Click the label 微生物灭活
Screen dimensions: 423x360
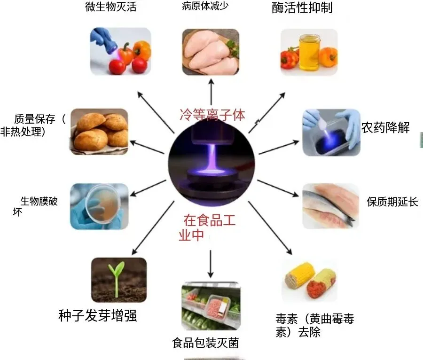tap(111, 8)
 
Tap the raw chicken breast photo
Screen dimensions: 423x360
tap(210, 51)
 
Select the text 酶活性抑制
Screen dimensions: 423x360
tap(302, 8)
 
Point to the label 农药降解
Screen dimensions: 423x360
tap(385, 127)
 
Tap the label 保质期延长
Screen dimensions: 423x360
tap(392, 202)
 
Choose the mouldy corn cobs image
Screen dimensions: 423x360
tap(310, 281)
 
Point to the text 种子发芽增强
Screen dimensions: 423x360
tap(98, 315)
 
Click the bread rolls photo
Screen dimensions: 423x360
tap(99, 131)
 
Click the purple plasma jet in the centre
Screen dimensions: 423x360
tap(210, 155)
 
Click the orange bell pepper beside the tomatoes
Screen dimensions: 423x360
tap(142, 50)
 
